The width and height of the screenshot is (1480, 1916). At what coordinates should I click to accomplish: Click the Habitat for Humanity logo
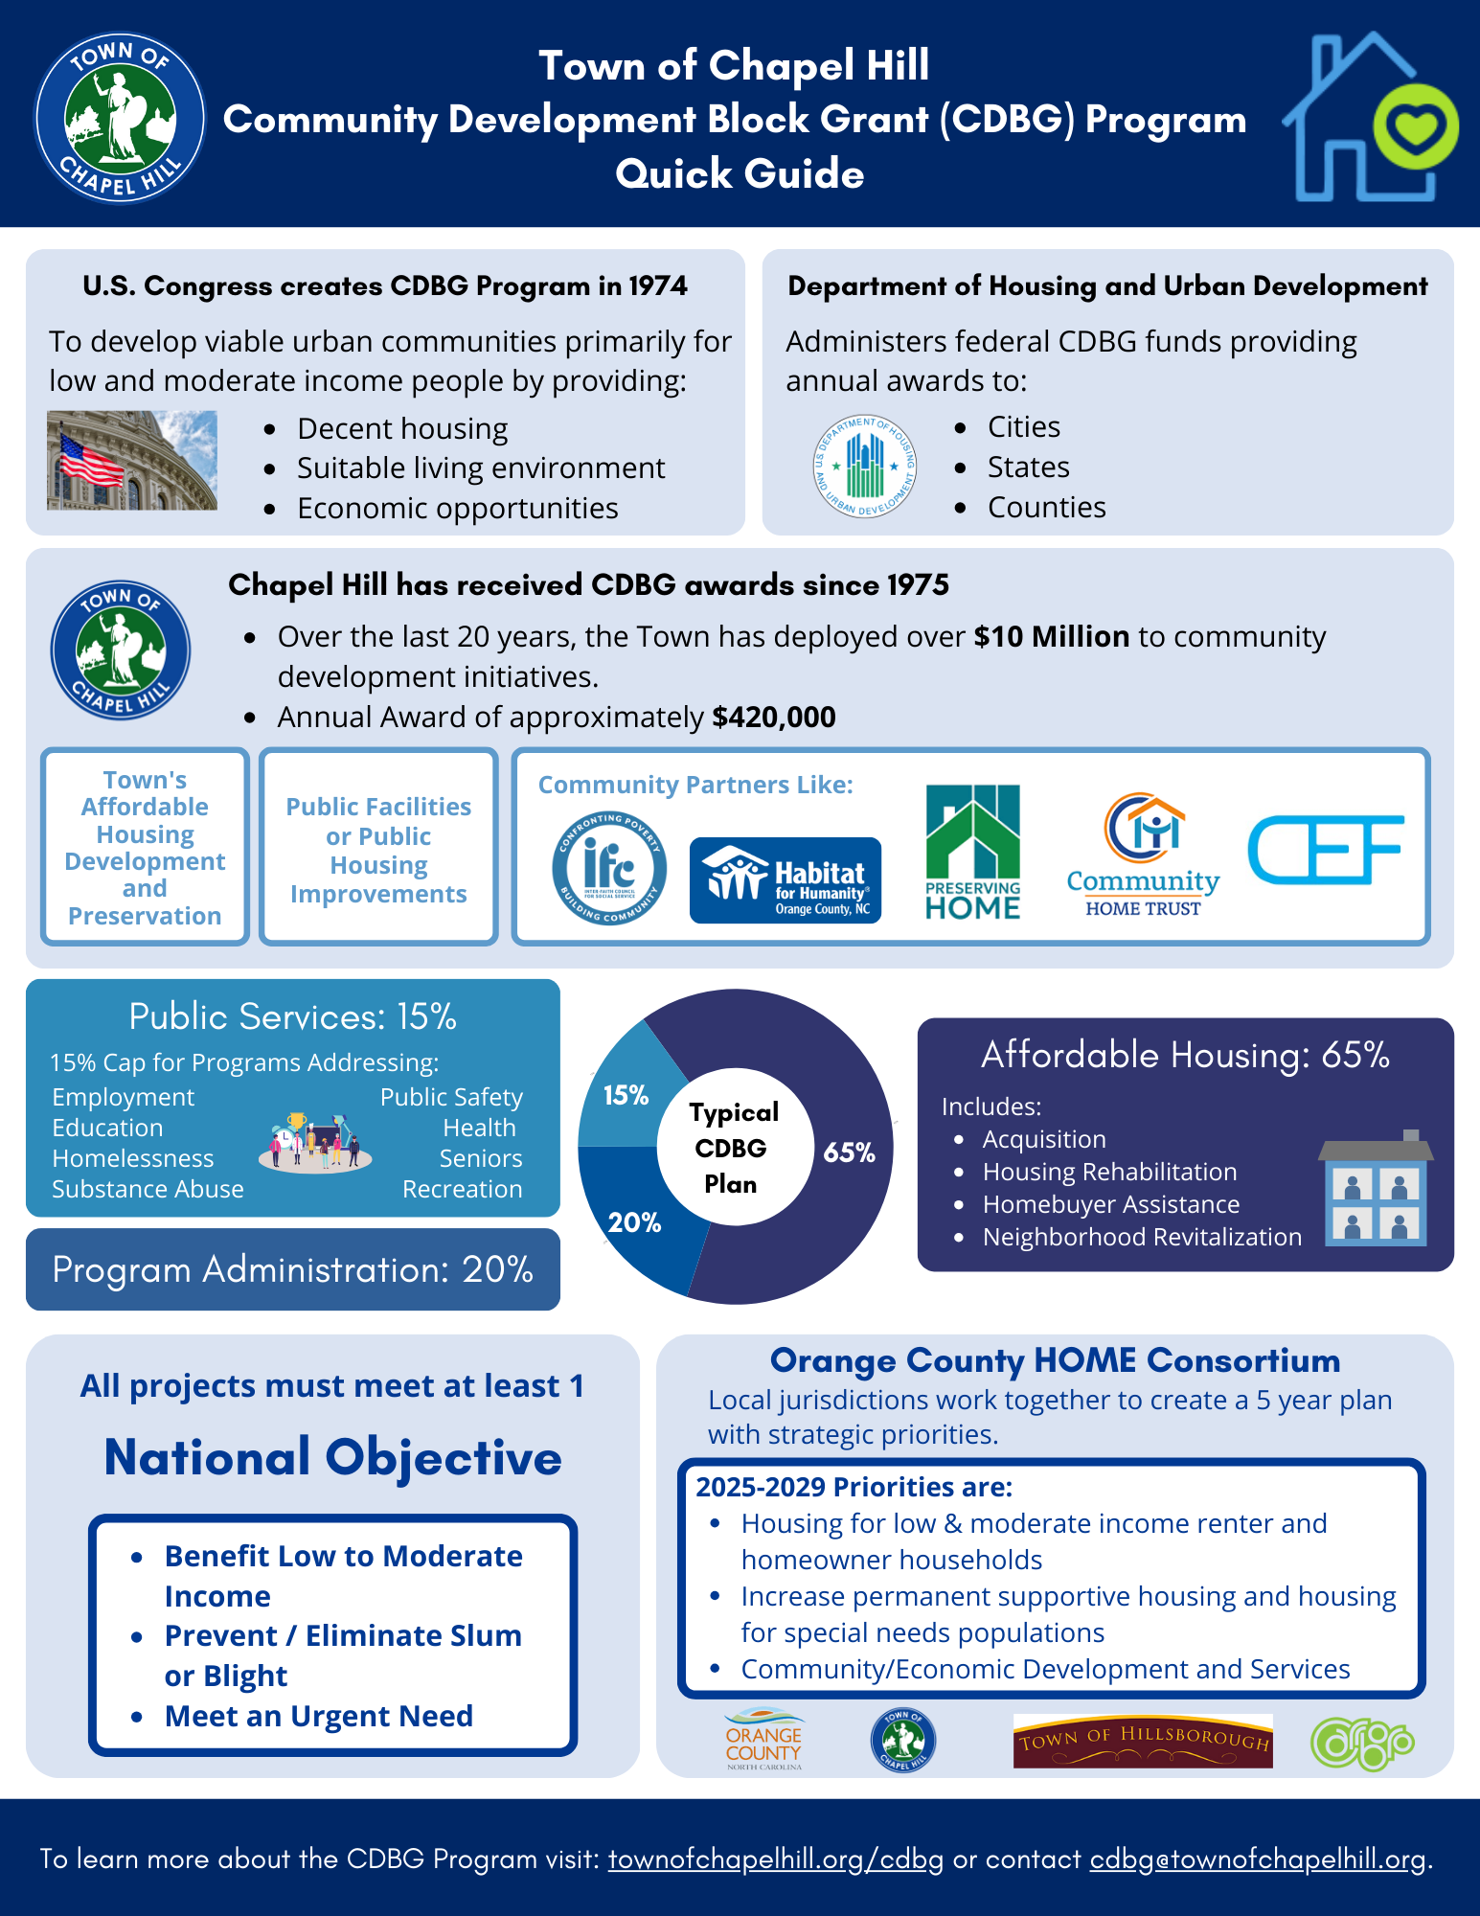click(785, 880)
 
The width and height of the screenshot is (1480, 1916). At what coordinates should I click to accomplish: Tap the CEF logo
click(1325, 850)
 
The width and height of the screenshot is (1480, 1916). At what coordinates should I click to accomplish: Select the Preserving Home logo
click(972, 852)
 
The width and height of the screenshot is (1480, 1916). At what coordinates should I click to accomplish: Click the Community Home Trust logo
click(1143, 854)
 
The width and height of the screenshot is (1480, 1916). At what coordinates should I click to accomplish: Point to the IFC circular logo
click(609, 868)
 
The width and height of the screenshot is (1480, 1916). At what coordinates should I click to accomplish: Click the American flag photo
click(132, 460)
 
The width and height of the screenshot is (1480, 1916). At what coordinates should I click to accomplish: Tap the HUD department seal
click(865, 467)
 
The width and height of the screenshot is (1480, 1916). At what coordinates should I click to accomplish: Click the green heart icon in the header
click(1415, 126)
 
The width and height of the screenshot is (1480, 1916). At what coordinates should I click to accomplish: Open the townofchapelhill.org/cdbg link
click(775, 1859)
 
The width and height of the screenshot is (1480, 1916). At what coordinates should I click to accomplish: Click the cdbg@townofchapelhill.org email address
click(1258, 1859)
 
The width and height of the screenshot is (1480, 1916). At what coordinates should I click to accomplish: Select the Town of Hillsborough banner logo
click(1143, 1741)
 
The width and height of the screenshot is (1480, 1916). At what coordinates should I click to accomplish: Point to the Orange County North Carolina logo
click(763, 1740)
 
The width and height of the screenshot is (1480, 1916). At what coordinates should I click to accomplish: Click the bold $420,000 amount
click(774, 717)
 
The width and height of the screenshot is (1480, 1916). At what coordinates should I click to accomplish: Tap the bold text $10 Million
click(1051, 636)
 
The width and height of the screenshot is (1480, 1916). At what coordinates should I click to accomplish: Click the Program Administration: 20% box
click(293, 1269)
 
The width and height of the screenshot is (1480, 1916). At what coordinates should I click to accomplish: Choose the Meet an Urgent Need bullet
click(318, 1716)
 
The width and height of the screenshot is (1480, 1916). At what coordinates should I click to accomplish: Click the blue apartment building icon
click(1376, 1189)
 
